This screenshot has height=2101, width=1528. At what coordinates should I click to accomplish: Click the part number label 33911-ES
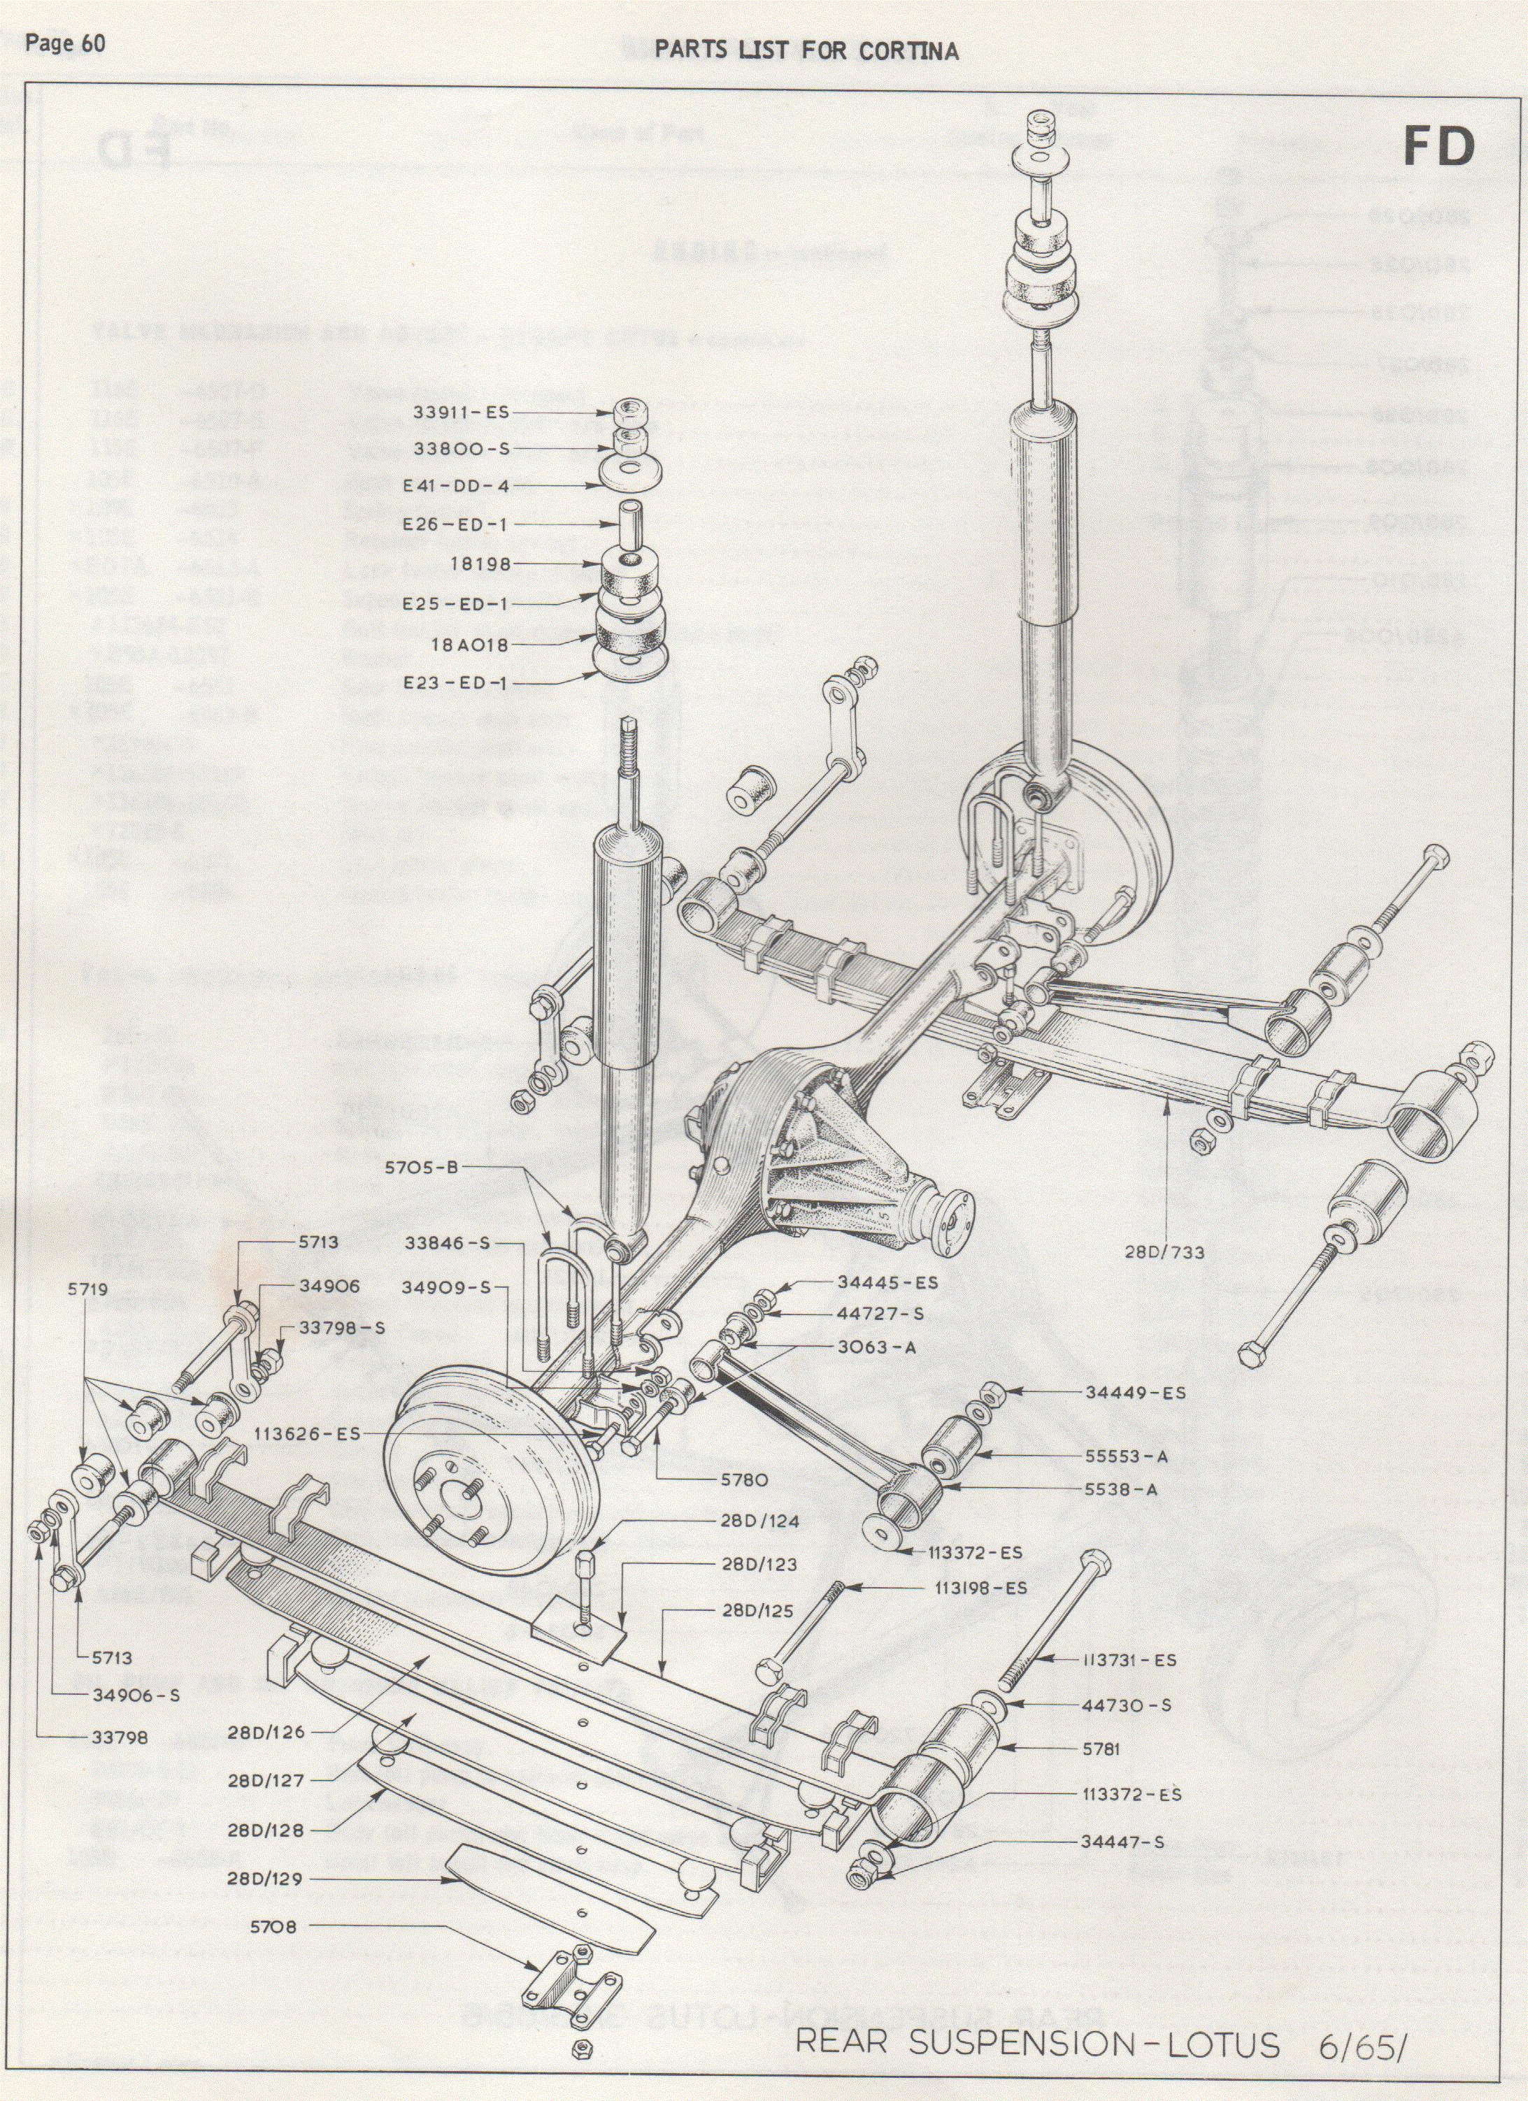(462, 413)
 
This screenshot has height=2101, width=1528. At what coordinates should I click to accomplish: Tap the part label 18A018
(471, 644)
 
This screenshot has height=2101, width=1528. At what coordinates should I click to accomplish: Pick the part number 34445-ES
(887, 1282)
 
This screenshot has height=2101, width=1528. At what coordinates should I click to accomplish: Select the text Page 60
(65, 43)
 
